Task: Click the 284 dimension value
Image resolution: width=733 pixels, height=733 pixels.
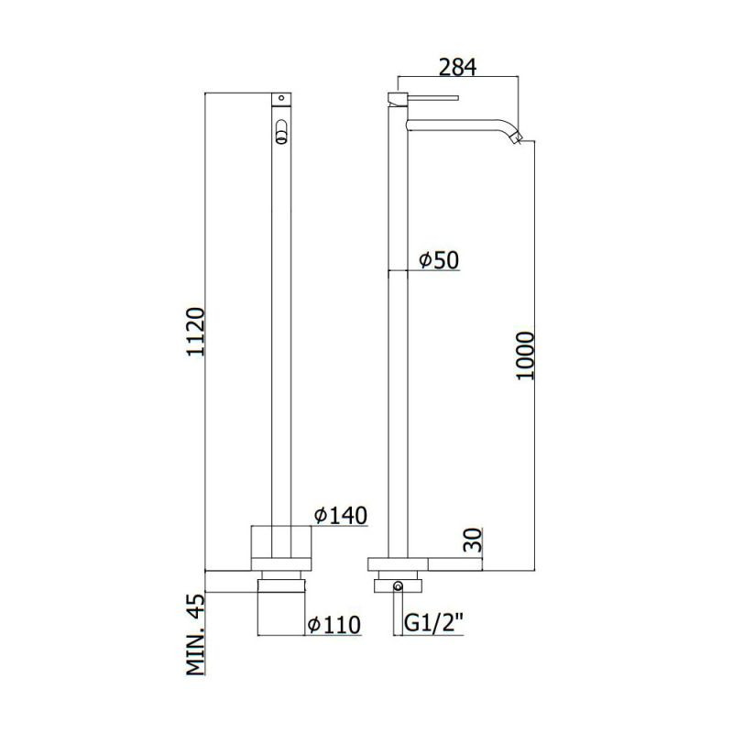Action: pyautogui.click(x=457, y=67)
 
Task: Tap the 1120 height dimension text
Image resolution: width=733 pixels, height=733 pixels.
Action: pyautogui.click(x=195, y=332)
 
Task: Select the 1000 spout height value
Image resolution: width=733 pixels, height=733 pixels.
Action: pyautogui.click(x=524, y=356)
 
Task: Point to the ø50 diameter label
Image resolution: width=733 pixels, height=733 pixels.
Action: pyautogui.click(x=439, y=260)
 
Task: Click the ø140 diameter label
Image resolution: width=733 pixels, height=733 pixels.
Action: pyautogui.click(x=340, y=515)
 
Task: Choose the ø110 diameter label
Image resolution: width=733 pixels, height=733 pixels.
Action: pyautogui.click(x=334, y=625)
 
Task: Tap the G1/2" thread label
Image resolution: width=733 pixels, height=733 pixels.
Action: pyautogui.click(x=433, y=623)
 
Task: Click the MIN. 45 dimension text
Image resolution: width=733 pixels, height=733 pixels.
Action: pyautogui.click(x=195, y=634)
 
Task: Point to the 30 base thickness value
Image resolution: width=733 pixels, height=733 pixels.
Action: pyautogui.click(x=472, y=540)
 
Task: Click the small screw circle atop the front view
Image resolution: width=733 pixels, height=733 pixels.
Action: pyautogui.click(x=281, y=98)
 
